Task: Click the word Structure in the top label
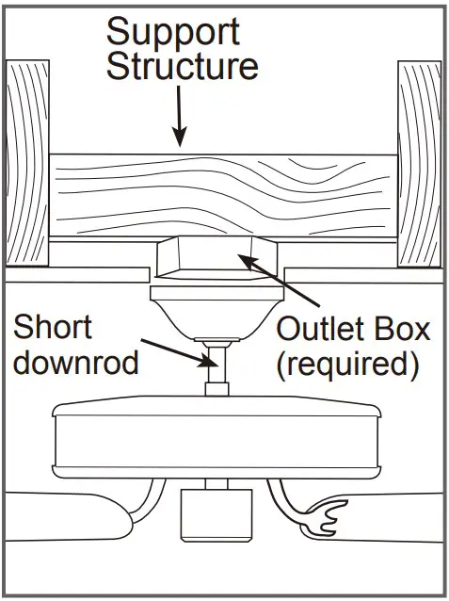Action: coord(182,67)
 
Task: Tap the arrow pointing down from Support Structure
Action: coord(179,122)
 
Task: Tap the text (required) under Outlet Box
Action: coord(346,365)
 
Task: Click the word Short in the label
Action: coord(55,329)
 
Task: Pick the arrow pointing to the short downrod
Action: coord(175,350)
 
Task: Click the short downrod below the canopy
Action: coord(215,367)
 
